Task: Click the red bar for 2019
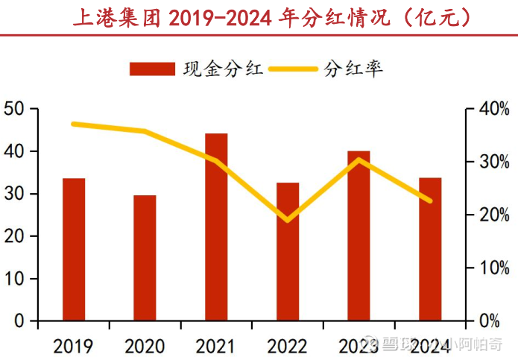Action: [73, 250]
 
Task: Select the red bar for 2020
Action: [145, 258]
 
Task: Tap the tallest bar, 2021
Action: [216, 227]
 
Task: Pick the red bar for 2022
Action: [288, 252]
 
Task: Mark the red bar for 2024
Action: [430, 250]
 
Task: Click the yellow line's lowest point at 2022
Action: [288, 220]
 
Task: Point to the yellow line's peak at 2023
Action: [359, 160]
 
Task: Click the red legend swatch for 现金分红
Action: [154, 69]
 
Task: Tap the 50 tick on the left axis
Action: [16, 110]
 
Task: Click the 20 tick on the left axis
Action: [16, 237]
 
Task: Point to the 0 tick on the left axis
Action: [21, 321]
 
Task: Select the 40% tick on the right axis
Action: [493, 110]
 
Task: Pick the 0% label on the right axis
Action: [493, 321]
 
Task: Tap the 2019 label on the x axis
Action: [73, 346]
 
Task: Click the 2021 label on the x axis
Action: [216, 346]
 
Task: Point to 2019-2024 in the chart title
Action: [220, 16]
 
